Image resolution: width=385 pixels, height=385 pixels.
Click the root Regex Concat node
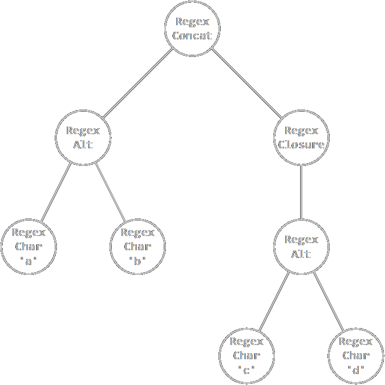coord(192,28)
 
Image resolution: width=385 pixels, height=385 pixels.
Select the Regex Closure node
coord(301,137)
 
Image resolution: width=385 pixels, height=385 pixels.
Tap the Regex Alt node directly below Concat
coord(83,137)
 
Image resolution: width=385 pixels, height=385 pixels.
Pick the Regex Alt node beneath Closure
coord(301,246)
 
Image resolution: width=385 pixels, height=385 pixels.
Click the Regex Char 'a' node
coord(28,246)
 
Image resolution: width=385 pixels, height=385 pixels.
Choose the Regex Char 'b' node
coord(137,246)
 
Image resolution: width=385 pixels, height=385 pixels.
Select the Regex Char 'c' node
coord(246,355)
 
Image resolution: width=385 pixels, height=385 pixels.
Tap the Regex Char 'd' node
coord(355,355)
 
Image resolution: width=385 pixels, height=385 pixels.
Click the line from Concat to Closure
coord(246,83)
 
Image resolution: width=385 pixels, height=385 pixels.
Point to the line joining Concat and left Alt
coord(138,83)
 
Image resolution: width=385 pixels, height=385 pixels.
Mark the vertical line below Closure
coord(301,192)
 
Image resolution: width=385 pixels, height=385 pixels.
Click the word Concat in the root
coord(192,36)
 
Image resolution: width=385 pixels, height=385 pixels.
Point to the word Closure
coord(301,145)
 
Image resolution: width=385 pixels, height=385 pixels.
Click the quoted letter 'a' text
coord(28,261)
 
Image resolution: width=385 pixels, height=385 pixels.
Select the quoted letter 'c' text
coord(246,370)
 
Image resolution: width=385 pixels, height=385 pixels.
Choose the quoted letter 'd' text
coord(355,370)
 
